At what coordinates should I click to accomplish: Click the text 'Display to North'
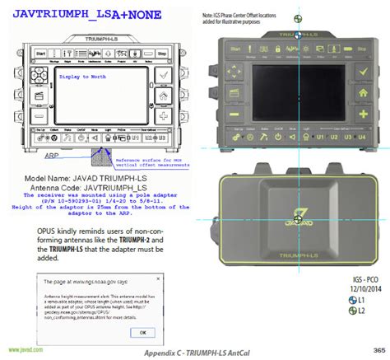pos(85,75)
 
